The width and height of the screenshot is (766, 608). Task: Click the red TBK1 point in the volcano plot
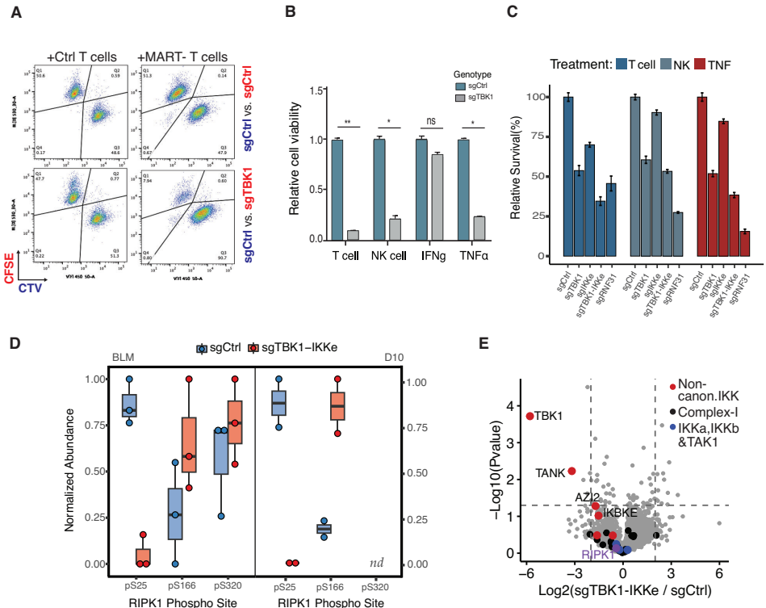(x=530, y=416)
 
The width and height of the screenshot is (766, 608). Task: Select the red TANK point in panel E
(x=571, y=471)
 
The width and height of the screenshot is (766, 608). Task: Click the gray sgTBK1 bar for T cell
(x=353, y=235)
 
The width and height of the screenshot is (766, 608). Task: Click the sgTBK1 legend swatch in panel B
(x=461, y=96)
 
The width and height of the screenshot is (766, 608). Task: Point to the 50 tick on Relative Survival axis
(x=534, y=176)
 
